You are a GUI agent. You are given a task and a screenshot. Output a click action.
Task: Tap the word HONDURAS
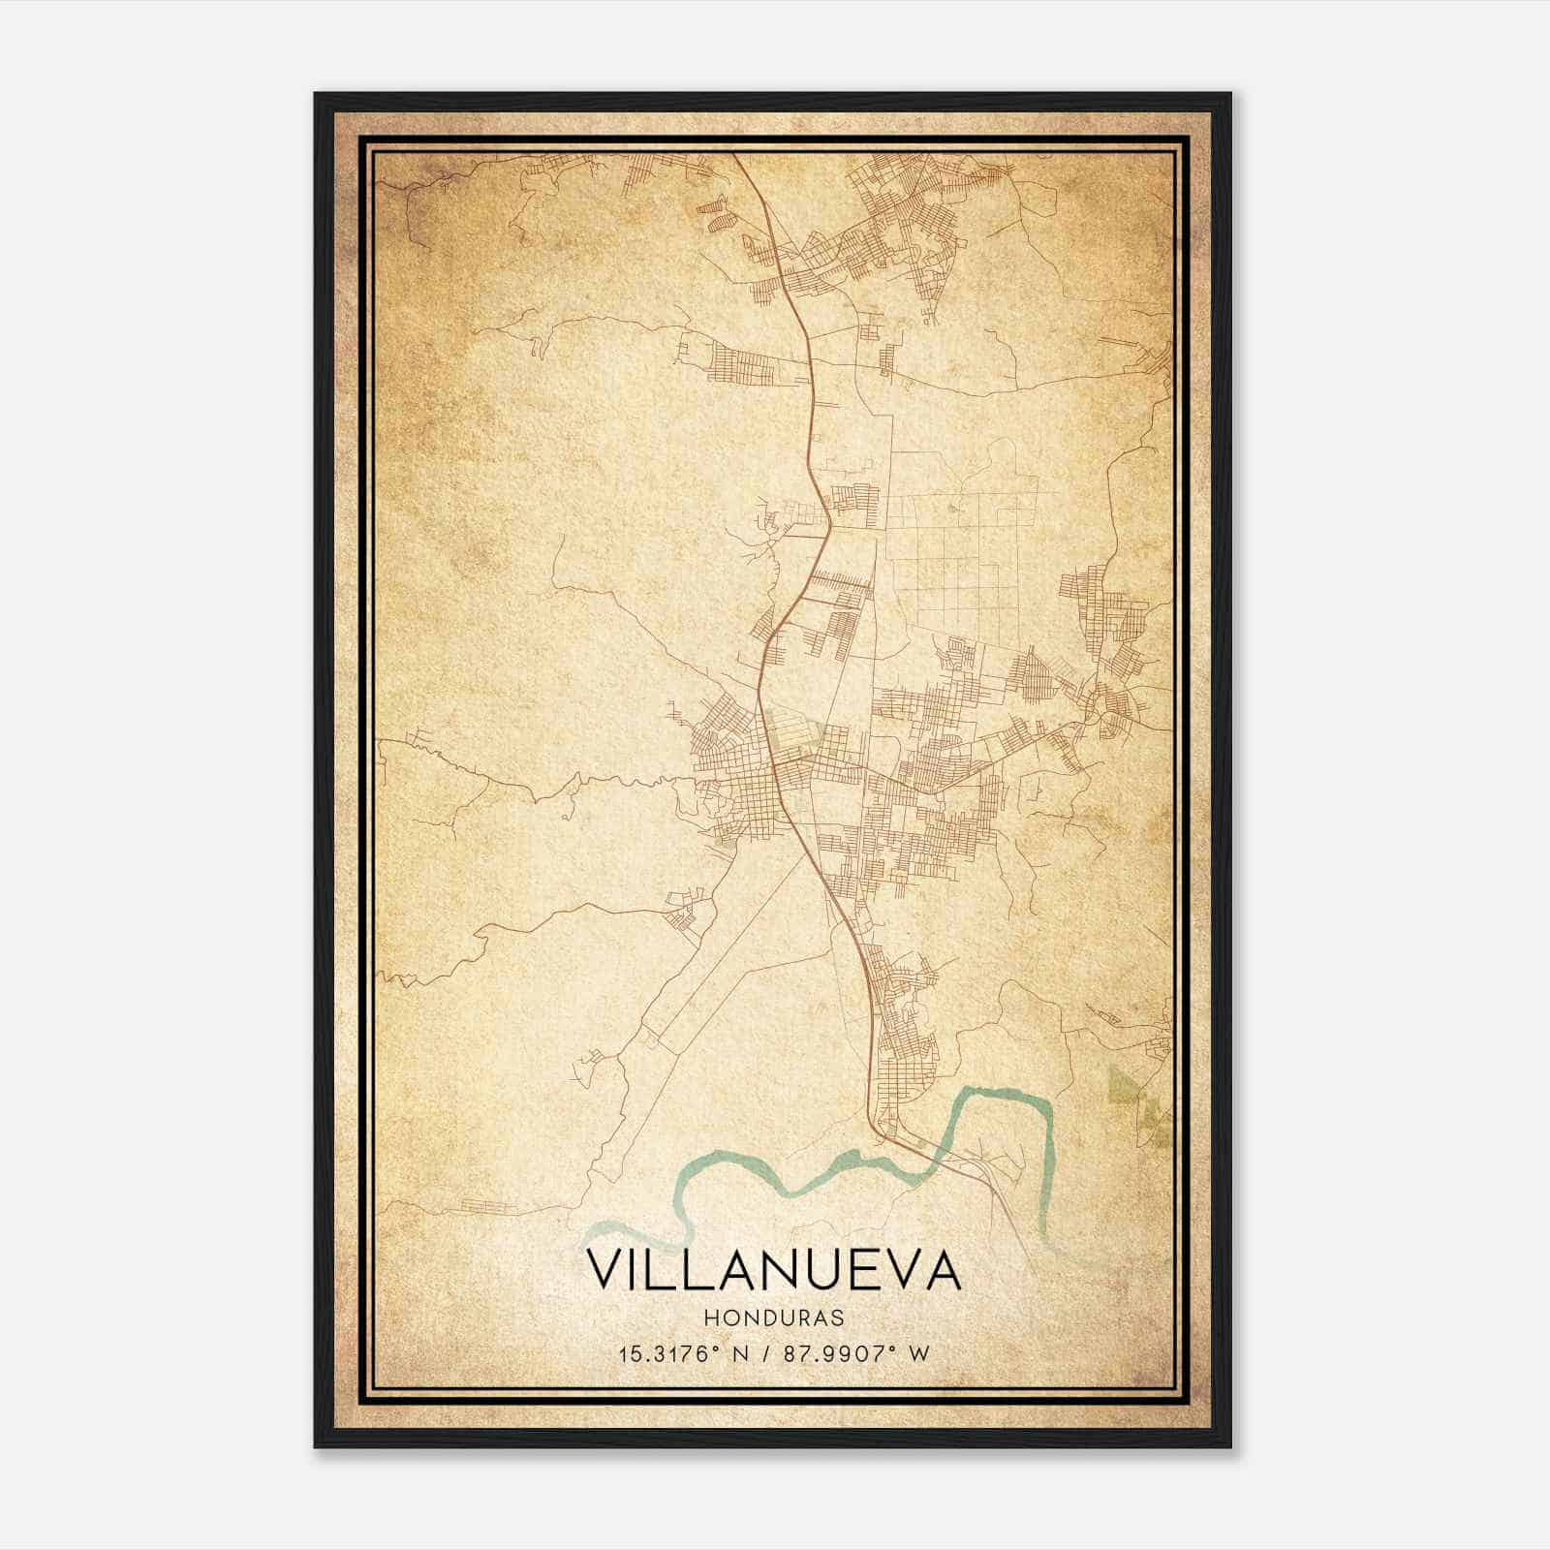774,1318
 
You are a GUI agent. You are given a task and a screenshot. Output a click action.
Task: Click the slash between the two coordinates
766,1353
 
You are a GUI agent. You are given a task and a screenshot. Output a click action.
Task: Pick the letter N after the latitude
744,1353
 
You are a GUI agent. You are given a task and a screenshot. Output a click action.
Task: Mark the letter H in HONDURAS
712,1318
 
